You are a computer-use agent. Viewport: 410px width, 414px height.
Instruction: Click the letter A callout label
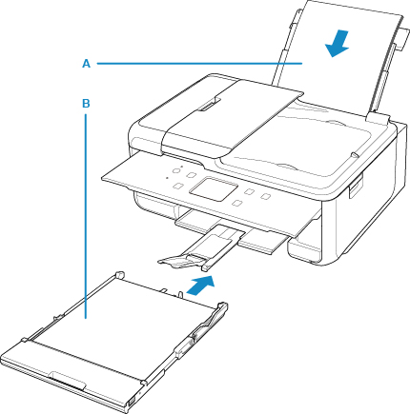[x=86, y=64]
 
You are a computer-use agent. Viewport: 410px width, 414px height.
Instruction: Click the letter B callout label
[x=86, y=104]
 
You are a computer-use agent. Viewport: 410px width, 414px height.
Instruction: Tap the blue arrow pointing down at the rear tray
[x=338, y=44]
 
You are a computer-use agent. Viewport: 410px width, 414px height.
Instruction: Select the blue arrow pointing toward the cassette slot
[x=200, y=286]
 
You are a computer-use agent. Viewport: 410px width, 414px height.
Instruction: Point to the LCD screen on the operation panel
[x=214, y=189]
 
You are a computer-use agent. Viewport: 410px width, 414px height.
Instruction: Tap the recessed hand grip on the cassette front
[x=69, y=380]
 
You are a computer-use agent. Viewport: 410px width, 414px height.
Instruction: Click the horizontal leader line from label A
[x=199, y=64]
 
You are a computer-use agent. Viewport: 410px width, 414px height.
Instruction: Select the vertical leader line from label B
[x=86, y=216]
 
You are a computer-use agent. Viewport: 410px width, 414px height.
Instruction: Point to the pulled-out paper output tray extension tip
[x=181, y=260]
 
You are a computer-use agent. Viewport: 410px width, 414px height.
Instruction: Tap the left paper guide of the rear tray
[x=287, y=48]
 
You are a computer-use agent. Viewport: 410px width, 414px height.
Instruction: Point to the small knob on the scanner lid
[x=353, y=154]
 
